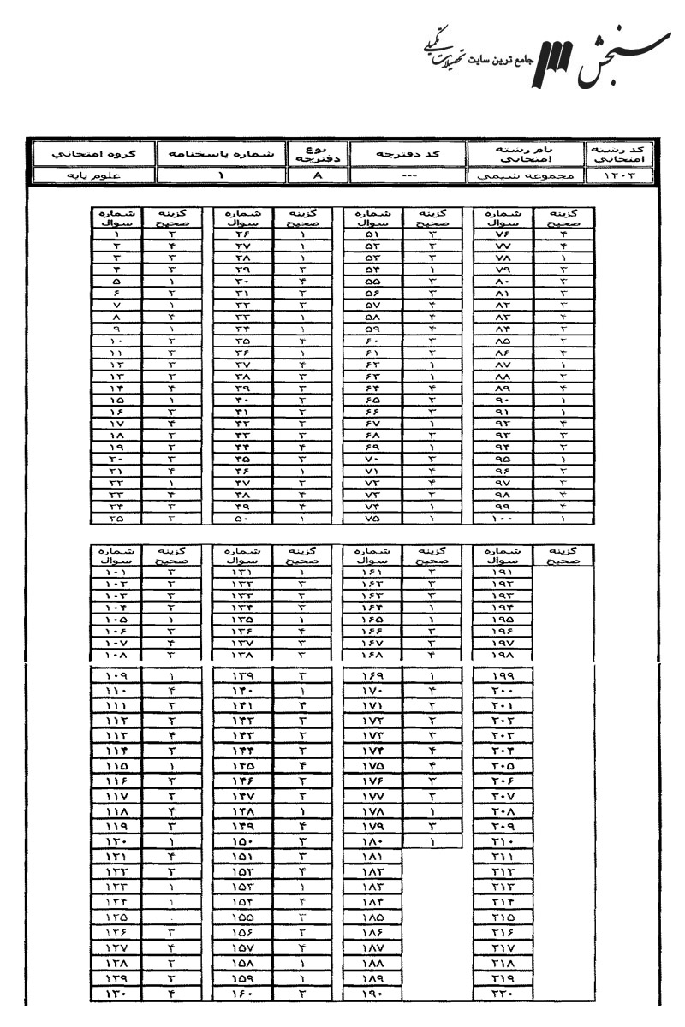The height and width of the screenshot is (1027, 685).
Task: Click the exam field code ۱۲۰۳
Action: click(x=616, y=176)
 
